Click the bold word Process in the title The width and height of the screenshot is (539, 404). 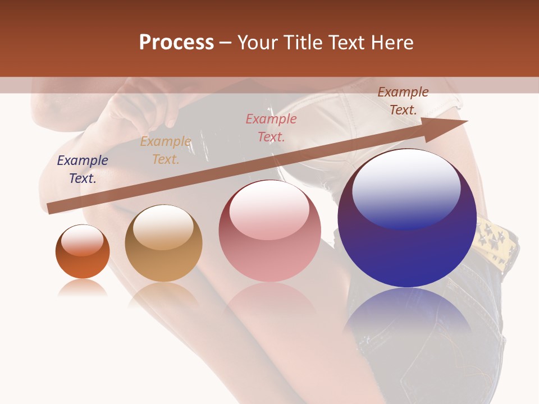click(176, 43)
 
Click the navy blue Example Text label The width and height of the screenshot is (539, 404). click(83, 169)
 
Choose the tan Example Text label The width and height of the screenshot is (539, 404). click(166, 150)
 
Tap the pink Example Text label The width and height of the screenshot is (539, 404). click(271, 127)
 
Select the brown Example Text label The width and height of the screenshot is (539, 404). click(403, 101)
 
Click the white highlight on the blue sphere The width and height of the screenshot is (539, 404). click(406, 188)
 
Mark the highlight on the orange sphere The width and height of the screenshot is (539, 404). click(83, 240)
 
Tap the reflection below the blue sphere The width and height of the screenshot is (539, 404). click(407, 314)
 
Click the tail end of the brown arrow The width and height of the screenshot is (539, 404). click(52, 208)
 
